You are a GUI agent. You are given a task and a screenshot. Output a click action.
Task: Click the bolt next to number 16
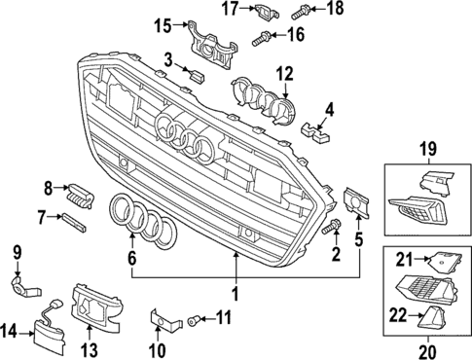261,39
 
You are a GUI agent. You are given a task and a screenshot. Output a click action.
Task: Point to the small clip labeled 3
197,74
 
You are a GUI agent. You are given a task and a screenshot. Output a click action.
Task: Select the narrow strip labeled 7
74,220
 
